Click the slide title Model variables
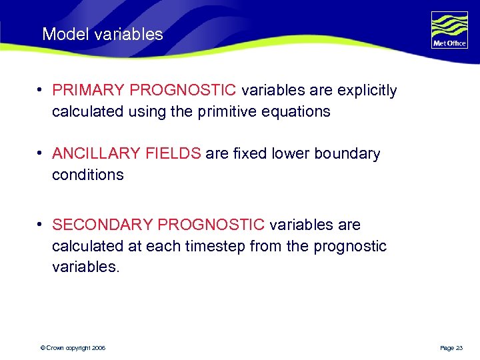[x=102, y=35]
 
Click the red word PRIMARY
[x=89, y=91]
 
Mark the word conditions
[x=88, y=175]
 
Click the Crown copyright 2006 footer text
[x=73, y=348]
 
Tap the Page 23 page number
[x=451, y=348]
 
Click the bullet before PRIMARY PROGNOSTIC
[x=41, y=91]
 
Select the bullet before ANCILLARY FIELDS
[x=41, y=154]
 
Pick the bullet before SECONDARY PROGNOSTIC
[x=41, y=225]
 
